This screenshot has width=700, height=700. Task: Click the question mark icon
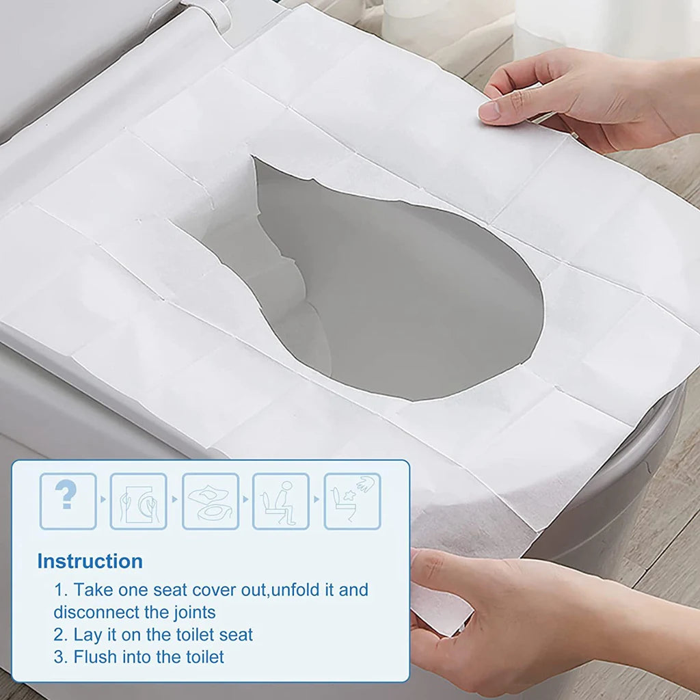68,500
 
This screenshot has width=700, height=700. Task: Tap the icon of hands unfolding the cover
138,500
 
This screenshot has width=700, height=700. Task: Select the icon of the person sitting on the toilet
281,500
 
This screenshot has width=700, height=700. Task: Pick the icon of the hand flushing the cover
352,500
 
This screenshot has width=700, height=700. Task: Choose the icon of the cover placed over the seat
210,500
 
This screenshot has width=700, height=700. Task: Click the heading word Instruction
90,561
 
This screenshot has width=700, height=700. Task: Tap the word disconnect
103,611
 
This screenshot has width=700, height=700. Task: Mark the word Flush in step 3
96,657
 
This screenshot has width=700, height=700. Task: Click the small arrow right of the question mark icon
103,499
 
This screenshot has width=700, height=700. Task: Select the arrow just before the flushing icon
317,499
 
